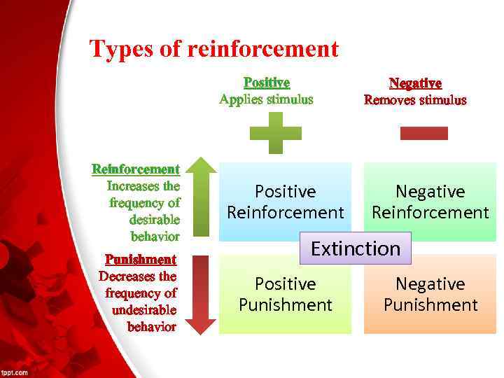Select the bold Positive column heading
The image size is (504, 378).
pos(267,83)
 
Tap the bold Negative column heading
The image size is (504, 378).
pos(415,84)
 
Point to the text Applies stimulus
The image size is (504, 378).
pos(266,99)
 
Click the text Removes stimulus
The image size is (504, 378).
pos(415,100)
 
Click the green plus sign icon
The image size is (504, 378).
pos(276,133)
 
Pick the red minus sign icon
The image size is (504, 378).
pos(423,133)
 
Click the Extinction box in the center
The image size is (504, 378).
pos(356,248)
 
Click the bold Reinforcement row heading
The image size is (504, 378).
pos(136,169)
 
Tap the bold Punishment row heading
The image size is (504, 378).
pos(141,260)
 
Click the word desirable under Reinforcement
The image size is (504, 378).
pos(155,220)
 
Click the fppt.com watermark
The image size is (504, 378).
pos(15,372)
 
